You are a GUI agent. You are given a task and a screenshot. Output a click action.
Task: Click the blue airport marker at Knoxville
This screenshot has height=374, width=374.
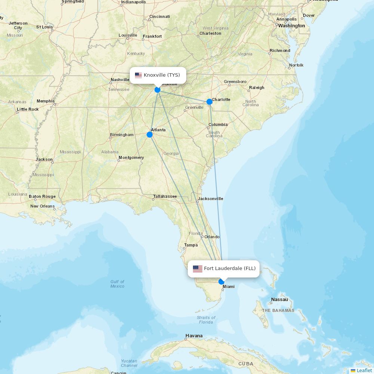[x=157, y=90]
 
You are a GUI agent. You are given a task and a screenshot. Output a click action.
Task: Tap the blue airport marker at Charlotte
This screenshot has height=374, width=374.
[x=209, y=102]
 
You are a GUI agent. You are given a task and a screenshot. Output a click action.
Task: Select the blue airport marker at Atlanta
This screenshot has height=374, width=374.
[x=150, y=135]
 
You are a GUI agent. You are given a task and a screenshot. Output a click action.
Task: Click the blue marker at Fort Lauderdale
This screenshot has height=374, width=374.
[x=221, y=282]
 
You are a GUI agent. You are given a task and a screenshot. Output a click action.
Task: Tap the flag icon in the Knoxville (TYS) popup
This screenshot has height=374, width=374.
[x=138, y=75]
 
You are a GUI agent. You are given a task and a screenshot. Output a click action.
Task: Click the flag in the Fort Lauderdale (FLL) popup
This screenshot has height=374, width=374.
[x=197, y=269]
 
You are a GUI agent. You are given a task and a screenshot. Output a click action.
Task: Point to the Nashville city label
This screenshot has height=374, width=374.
[x=120, y=80]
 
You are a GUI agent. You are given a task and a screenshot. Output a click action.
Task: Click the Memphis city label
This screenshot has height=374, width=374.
[x=46, y=101]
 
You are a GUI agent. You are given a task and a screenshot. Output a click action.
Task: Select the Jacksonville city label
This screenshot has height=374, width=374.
[x=211, y=199]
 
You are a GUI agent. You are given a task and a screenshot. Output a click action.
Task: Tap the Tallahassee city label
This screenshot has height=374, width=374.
[x=165, y=196]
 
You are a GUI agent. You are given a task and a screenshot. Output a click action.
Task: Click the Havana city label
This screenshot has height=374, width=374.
[x=194, y=336]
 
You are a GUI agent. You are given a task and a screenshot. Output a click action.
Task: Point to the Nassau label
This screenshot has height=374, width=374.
[x=280, y=300]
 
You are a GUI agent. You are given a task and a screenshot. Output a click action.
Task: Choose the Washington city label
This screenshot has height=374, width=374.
[x=291, y=26]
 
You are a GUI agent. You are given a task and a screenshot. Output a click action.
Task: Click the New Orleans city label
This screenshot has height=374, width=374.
[x=42, y=206]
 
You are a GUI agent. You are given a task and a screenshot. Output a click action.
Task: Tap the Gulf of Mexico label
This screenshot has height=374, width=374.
[x=117, y=284]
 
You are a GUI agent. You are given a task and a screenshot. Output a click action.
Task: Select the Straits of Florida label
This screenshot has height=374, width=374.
[x=206, y=320]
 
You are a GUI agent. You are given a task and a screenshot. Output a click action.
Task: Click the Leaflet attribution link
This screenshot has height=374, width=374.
[x=364, y=370]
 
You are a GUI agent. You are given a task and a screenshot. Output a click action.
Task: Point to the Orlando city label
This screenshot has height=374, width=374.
[x=212, y=237]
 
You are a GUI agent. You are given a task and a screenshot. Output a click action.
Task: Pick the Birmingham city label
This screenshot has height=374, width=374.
[x=122, y=135]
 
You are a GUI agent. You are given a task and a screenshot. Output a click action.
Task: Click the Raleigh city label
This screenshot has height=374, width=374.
[x=257, y=88]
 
